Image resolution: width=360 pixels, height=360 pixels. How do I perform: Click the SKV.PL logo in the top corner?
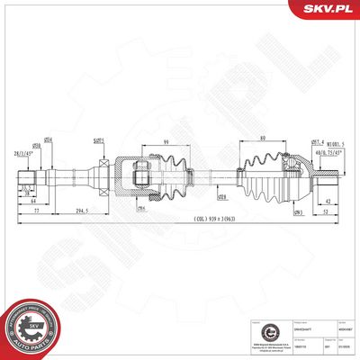click(x=325, y=10)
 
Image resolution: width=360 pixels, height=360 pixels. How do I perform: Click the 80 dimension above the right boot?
click(x=261, y=138)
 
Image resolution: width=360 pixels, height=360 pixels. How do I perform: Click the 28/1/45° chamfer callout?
click(x=25, y=155)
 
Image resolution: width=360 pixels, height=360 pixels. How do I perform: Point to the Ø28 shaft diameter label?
click(x=221, y=195)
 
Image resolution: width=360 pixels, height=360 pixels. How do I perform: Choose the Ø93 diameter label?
click(x=297, y=210)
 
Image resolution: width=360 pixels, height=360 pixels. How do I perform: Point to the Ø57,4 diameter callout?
click(x=318, y=141)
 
